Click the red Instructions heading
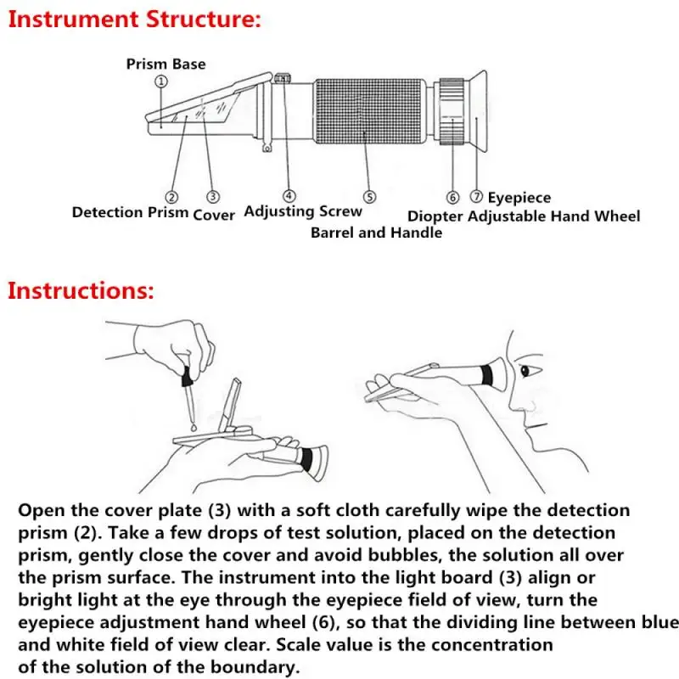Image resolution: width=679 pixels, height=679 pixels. click(x=81, y=291)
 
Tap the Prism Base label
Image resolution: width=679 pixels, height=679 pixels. click(x=166, y=64)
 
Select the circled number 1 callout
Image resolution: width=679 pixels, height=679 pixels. click(x=161, y=81)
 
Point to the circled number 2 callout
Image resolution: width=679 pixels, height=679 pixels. click(x=171, y=198)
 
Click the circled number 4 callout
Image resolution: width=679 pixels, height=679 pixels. click(x=289, y=196)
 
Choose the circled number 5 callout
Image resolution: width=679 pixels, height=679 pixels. click(x=368, y=197)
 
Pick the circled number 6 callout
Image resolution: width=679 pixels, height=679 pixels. click(x=452, y=198)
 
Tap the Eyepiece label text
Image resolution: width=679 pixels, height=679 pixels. click(x=519, y=198)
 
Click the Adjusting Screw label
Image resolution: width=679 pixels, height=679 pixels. click(x=303, y=212)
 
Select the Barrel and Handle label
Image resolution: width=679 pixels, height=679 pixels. click(x=376, y=232)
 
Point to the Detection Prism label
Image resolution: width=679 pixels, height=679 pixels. click(x=130, y=213)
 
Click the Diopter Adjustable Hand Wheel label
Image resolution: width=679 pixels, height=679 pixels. click(x=524, y=216)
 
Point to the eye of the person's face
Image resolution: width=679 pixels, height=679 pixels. click(x=524, y=370)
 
